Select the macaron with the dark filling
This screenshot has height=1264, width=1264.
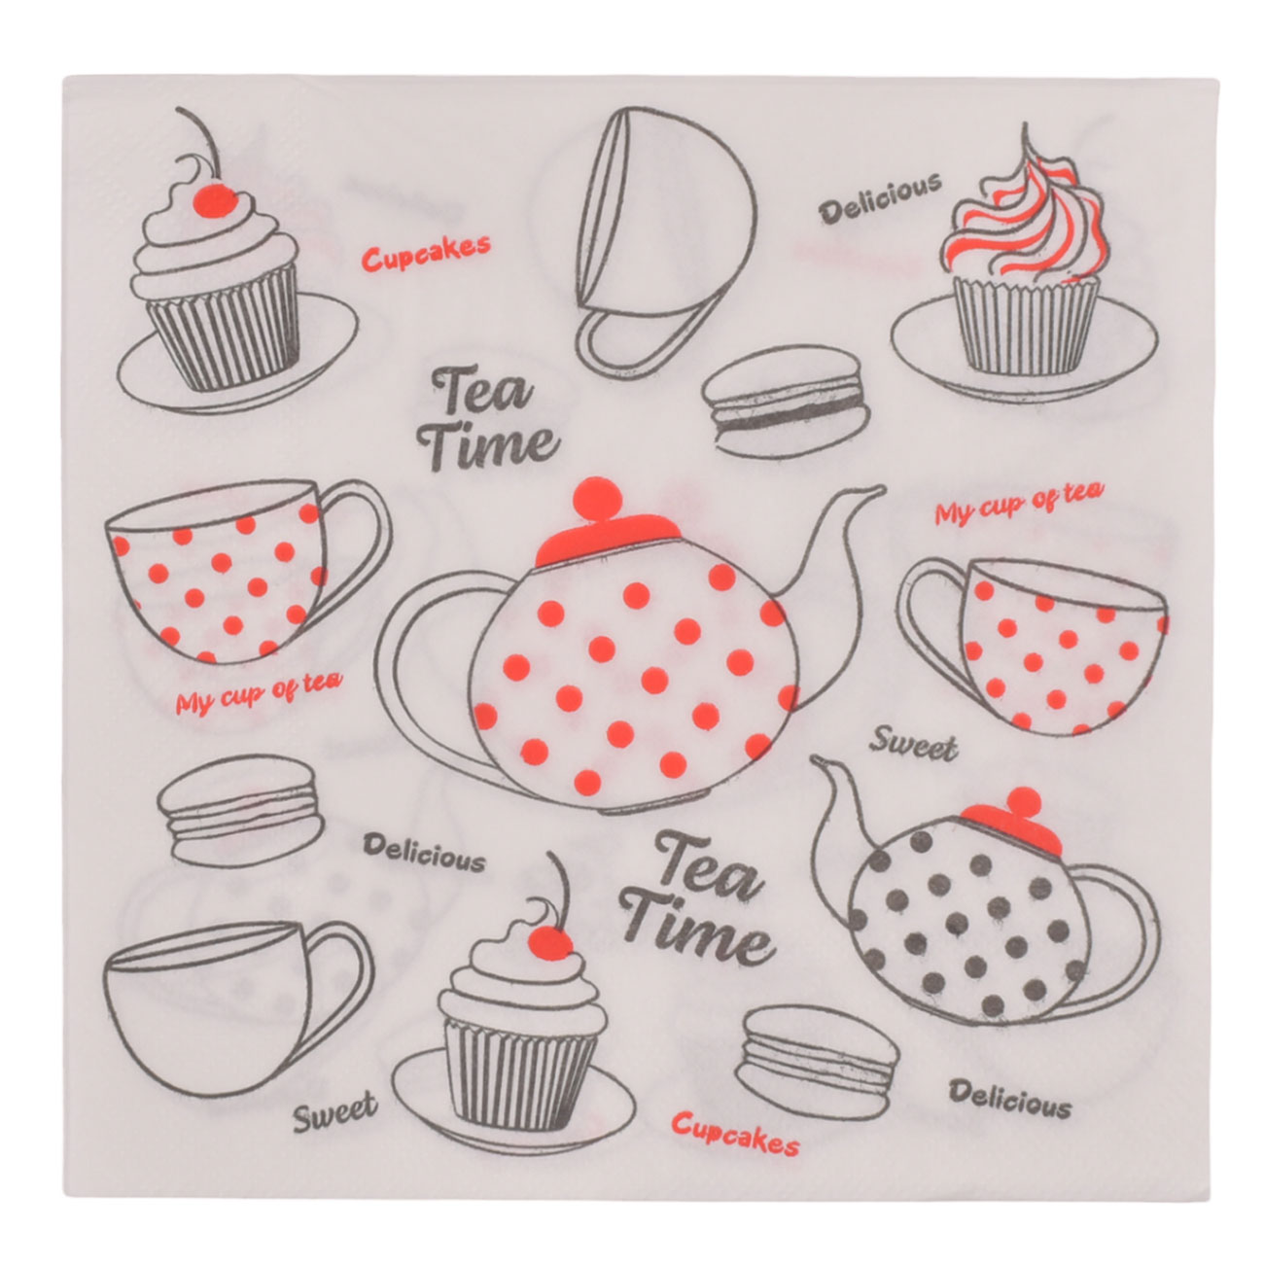[786, 402]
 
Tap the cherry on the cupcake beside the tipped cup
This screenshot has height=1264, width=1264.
[217, 199]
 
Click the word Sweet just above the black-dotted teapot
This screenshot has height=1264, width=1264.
[913, 747]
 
